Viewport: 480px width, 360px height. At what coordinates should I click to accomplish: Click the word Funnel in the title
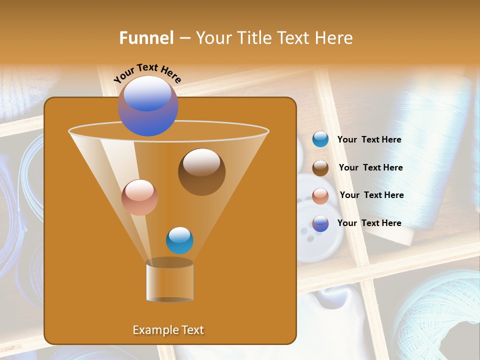[x=146, y=38]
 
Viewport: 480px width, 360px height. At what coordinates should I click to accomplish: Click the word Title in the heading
[x=254, y=38]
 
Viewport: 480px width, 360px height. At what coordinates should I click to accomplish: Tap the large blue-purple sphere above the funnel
[x=148, y=105]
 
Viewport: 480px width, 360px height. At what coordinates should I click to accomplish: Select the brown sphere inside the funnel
[x=201, y=171]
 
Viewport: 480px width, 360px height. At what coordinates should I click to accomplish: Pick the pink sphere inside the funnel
[x=139, y=197]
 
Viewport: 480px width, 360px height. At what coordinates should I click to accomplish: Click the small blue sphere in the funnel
[x=179, y=240]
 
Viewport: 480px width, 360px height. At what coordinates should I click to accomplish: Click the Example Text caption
[x=168, y=330]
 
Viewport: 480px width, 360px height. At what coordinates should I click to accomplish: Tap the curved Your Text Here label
[x=147, y=73]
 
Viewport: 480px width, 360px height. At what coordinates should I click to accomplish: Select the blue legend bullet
[x=320, y=139]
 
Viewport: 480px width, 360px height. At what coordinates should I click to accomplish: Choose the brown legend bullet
[x=320, y=168]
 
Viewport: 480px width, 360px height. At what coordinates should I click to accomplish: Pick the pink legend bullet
[x=320, y=195]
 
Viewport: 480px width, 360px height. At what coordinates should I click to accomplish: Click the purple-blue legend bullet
[x=320, y=223]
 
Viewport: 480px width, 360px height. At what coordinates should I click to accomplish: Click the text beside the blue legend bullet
[x=369, y=140]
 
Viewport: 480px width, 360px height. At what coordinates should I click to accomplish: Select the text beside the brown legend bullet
[x=370, y=168]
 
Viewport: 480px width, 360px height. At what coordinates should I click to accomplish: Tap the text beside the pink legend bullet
[x=371, y=195]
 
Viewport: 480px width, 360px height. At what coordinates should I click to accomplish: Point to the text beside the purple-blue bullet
[x=369, y=223]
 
